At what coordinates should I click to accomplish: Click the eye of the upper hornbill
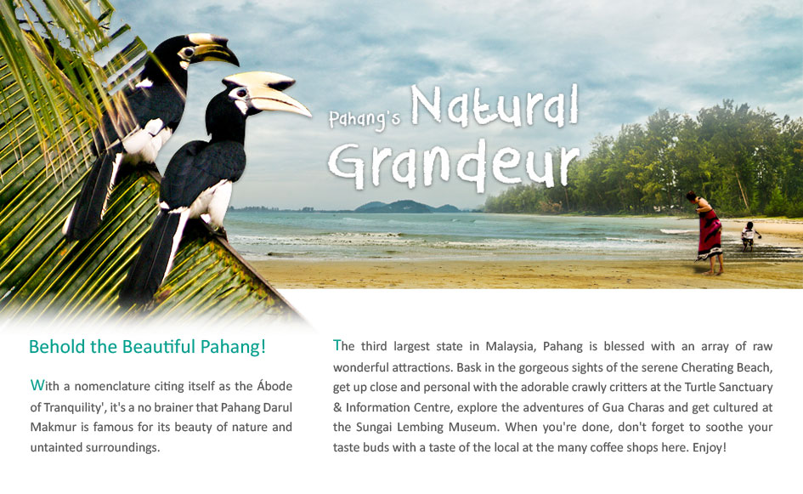[189, 52]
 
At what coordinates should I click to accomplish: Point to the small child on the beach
[749, 236]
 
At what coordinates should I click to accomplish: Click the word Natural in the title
[495, 106]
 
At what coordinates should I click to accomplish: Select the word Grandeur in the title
[454, 164]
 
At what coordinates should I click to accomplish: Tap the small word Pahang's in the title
[365, 119]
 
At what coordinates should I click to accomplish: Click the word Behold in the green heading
[58, 347]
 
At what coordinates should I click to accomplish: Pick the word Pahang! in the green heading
[233, 348]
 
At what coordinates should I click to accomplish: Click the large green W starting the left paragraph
[37, 385]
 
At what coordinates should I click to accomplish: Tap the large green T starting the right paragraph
[337, 345]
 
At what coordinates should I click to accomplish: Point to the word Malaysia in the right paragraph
[511, 347]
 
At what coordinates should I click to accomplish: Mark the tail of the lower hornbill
[154, 256]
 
